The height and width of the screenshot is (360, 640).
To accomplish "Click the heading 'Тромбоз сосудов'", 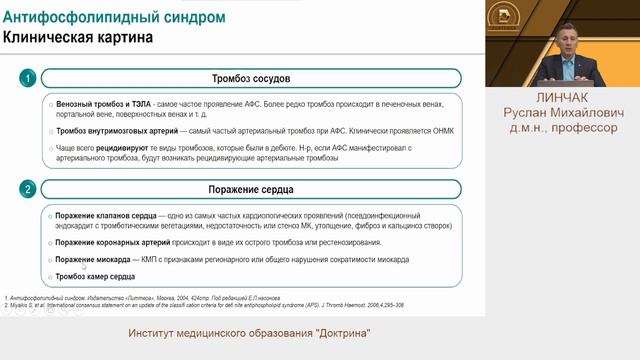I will pos(250,78).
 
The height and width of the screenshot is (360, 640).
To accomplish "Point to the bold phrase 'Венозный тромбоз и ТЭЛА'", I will pos(94,104).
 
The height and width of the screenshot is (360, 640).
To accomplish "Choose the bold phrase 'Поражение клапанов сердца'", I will pos(101,216).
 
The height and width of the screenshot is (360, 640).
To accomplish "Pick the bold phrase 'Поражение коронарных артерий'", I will pos(108,243).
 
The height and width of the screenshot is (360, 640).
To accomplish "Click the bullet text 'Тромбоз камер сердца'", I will pos(95,276).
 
